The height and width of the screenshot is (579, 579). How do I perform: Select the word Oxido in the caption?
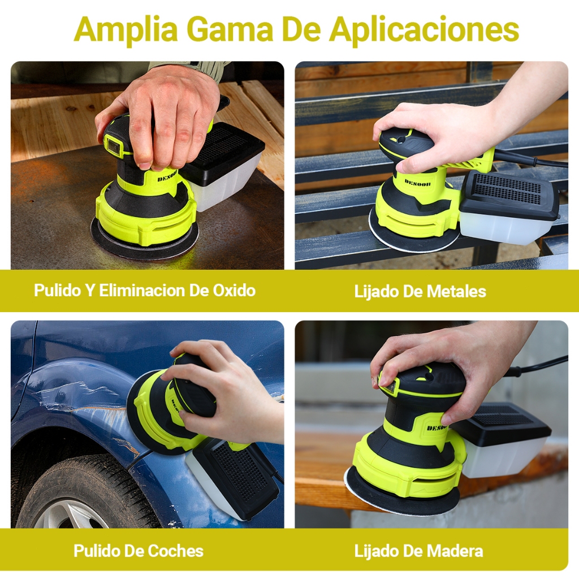coord(234,291)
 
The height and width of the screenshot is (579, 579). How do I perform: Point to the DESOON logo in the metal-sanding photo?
coord(417,183)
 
